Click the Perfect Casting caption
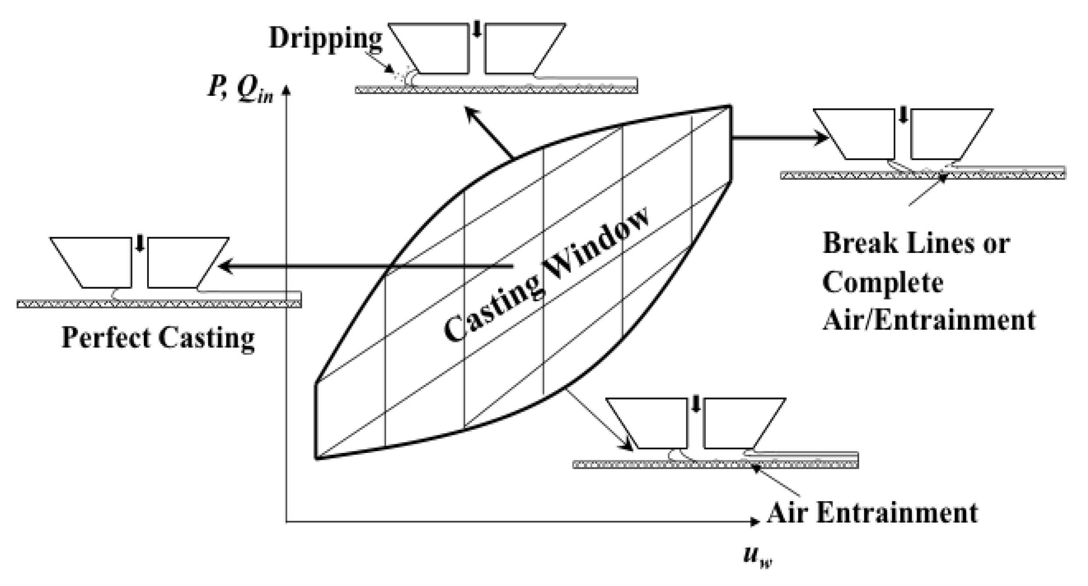tap(158, 338)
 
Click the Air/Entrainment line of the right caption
tap(929, 320)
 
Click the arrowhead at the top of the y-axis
tap(286, 90)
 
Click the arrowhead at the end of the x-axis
tap(755, 521)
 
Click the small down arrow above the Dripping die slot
tap(477, 32)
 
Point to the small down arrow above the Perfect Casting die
tap(139, 245)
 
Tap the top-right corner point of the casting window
tap(729, 106)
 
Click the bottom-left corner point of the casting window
tap(316, 458)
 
